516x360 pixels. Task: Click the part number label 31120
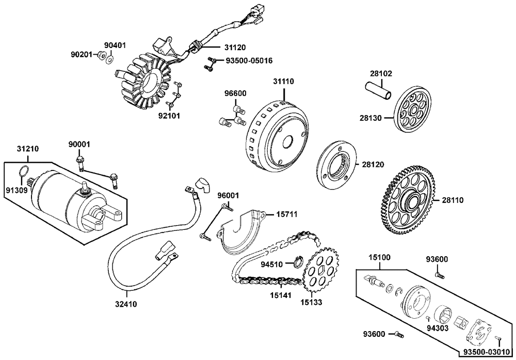(235, 48)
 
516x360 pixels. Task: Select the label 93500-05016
(249, 61)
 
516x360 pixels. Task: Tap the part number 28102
(381, 73)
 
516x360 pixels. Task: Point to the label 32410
(126, 304)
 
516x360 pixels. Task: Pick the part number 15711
(286, 215)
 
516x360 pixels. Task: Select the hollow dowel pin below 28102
(378, 91)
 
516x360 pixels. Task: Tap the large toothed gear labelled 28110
(410, 201)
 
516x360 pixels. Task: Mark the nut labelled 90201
(101, 55)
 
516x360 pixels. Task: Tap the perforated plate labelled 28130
(412, 109)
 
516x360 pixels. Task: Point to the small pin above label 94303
(428, 318)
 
